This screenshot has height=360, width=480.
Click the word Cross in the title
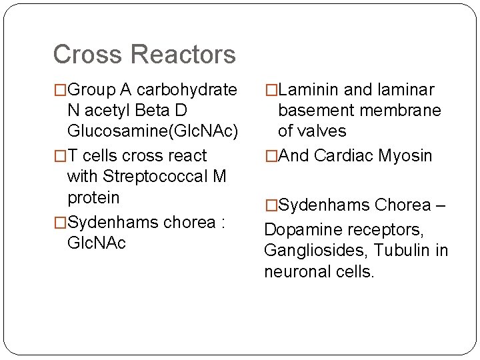pyautogui.click(x=83, y=55)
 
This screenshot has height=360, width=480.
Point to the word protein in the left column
pyautogui.click(x=93, y=198)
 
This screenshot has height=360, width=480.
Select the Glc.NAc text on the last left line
pyautogui.click(x=97, y=243)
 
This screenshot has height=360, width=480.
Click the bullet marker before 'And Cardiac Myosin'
pyautogui.click(x=270, y=156)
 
